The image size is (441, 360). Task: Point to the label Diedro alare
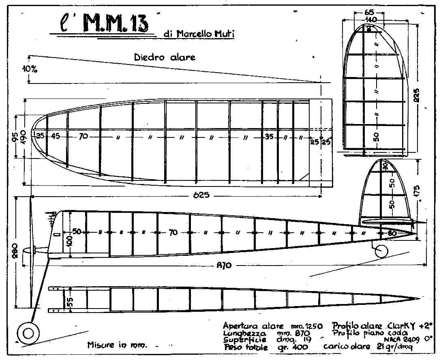(x=165, y=57)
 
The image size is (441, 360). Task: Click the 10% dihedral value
(x=30, y=69)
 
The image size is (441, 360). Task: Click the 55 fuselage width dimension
(x=70, y=300)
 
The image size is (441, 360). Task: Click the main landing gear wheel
(x=28, y=333)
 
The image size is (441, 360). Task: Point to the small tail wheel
(x=380, y=252)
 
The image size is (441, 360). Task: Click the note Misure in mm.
(x=117, y=345)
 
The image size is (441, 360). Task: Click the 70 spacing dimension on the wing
(x=83, y=137)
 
